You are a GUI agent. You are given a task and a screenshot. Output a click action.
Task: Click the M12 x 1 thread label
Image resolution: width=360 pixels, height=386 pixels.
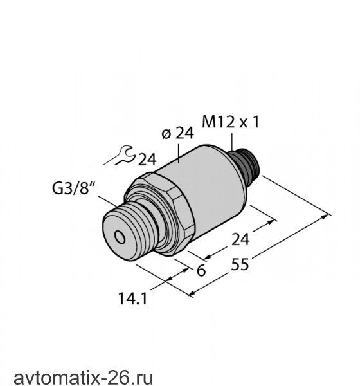(x=231, y=122)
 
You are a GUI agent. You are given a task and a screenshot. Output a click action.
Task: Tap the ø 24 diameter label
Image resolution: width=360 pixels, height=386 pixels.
(x=177, y=133)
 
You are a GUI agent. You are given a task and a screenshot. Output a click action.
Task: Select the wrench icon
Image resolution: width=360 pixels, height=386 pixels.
(x=120, y=156)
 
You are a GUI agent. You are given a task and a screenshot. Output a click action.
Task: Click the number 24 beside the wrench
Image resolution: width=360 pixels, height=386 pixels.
(x=147, y=160)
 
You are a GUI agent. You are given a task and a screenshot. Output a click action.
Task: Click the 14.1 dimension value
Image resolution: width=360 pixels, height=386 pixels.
(x=132, y=299)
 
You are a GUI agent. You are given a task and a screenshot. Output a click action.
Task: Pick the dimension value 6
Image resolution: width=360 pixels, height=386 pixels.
(x=201, y=271)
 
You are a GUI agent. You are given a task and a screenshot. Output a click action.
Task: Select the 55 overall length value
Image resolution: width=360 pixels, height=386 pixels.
(x=240, y=264)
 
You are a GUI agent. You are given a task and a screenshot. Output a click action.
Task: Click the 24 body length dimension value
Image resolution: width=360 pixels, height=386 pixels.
(x=240, y=239)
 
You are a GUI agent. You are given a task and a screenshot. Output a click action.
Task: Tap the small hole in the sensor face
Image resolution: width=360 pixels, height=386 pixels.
(x=120, y=237)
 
